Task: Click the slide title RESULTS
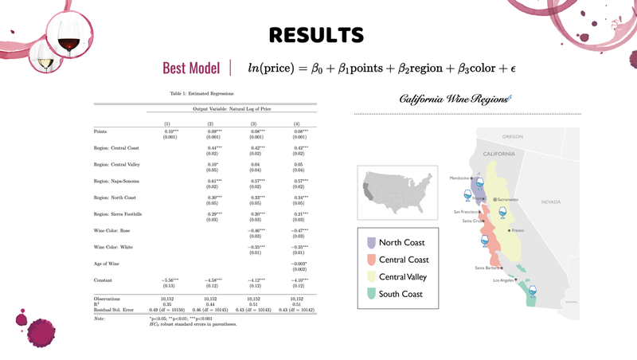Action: tap(316, 35)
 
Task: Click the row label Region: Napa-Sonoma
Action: tap(116, 181)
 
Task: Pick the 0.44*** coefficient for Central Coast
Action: tap(213, 148)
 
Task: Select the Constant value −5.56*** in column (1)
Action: tap(170, 280)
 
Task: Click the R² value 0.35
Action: tap(167, 304)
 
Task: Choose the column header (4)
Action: tap(296, 124)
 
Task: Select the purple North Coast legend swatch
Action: tap(371, 242)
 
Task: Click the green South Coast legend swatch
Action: tap(371, 294)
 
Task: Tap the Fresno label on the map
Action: tap(518, 230)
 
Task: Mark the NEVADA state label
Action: tap(551, 202)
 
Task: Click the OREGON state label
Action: tap(512, 136)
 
